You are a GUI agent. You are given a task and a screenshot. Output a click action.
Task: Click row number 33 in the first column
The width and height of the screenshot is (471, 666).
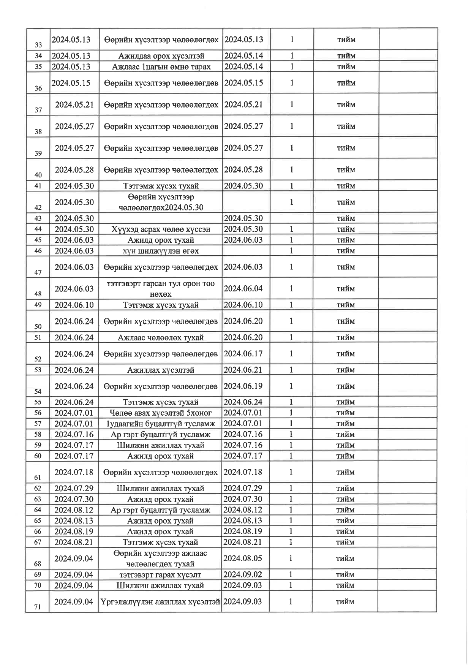tap(38, 45)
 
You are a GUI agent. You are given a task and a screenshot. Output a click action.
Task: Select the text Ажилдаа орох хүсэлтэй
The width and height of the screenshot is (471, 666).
tap(161, 56)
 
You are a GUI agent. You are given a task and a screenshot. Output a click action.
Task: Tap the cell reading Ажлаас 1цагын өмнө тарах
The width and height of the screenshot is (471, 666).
tap(161, 66)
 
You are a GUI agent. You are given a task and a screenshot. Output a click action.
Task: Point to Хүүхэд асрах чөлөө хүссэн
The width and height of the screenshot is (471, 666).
tap(161, 229)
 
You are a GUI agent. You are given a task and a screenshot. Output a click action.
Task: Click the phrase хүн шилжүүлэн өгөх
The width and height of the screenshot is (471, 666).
tap(161, 251)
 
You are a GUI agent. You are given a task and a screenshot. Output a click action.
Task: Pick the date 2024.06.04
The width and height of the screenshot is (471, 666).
tap(243, 289)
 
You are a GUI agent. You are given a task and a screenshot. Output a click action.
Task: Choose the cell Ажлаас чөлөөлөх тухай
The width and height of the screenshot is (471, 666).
tap(161, 337)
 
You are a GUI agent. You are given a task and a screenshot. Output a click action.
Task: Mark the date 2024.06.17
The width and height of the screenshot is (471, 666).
tap(243, 354)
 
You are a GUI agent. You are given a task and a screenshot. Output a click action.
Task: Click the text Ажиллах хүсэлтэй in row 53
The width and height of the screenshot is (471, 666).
tap(161, 370)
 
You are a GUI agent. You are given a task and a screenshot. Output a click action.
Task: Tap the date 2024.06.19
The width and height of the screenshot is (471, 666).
tap(243, 386)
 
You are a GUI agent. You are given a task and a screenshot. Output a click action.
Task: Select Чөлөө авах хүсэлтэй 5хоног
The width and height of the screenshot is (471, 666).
tap(161, 413)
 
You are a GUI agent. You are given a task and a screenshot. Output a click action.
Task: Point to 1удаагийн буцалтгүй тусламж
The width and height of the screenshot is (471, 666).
tap(161, 424)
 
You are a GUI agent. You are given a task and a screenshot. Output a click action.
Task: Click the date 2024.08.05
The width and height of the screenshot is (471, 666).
tap(242, 558)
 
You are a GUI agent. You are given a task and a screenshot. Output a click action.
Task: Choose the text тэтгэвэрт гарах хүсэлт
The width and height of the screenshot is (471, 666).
tap(160, 574)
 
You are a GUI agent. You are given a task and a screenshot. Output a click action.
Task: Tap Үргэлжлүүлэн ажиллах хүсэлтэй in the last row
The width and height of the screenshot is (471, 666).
tap(160, 601)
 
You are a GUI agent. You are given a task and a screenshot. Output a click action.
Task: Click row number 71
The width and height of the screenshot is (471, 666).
tap(38, 607)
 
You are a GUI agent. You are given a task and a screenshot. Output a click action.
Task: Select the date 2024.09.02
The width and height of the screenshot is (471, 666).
tap(242, 574)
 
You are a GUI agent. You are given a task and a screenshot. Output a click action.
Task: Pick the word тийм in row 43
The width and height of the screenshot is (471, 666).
tap(346, 218)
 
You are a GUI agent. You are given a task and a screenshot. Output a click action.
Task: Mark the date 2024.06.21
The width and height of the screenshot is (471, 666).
tap(243, 370)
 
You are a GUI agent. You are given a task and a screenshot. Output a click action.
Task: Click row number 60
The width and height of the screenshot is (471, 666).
tap(38, 456)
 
